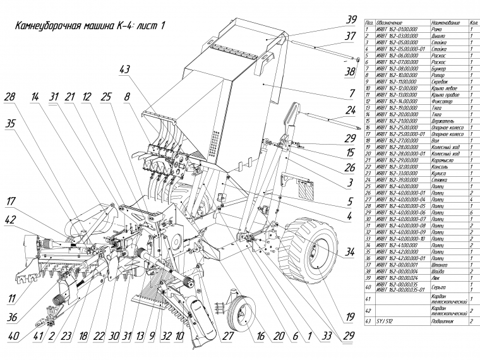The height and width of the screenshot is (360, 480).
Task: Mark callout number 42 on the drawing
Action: click(9, 220)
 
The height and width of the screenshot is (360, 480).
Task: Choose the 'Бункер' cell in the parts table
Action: click(426, 68)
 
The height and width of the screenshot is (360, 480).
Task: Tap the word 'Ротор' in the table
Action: click(426, 75)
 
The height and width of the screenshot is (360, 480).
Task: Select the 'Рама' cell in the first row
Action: click(425, 29)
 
